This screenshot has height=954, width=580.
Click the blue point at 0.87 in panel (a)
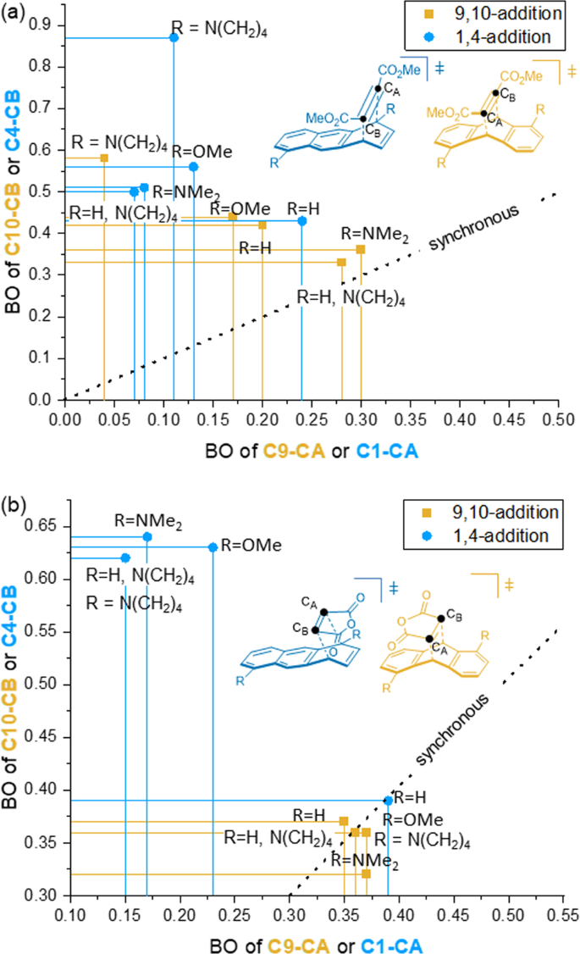click(174, 37)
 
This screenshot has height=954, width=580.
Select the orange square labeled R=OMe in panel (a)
click(233, 217)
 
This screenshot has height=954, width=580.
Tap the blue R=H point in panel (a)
click(301, 221)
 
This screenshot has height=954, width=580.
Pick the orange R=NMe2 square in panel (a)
click(361, 249)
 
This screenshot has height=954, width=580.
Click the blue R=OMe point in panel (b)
click(213, 547)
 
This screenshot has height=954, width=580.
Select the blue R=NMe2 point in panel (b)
click(147, 536)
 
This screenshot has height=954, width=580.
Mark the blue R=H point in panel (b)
click(389, 800)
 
